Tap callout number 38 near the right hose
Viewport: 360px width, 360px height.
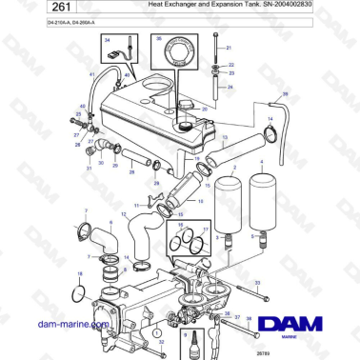[x=282, y=95]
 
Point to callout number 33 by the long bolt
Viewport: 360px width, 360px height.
[x=258, y=284]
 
